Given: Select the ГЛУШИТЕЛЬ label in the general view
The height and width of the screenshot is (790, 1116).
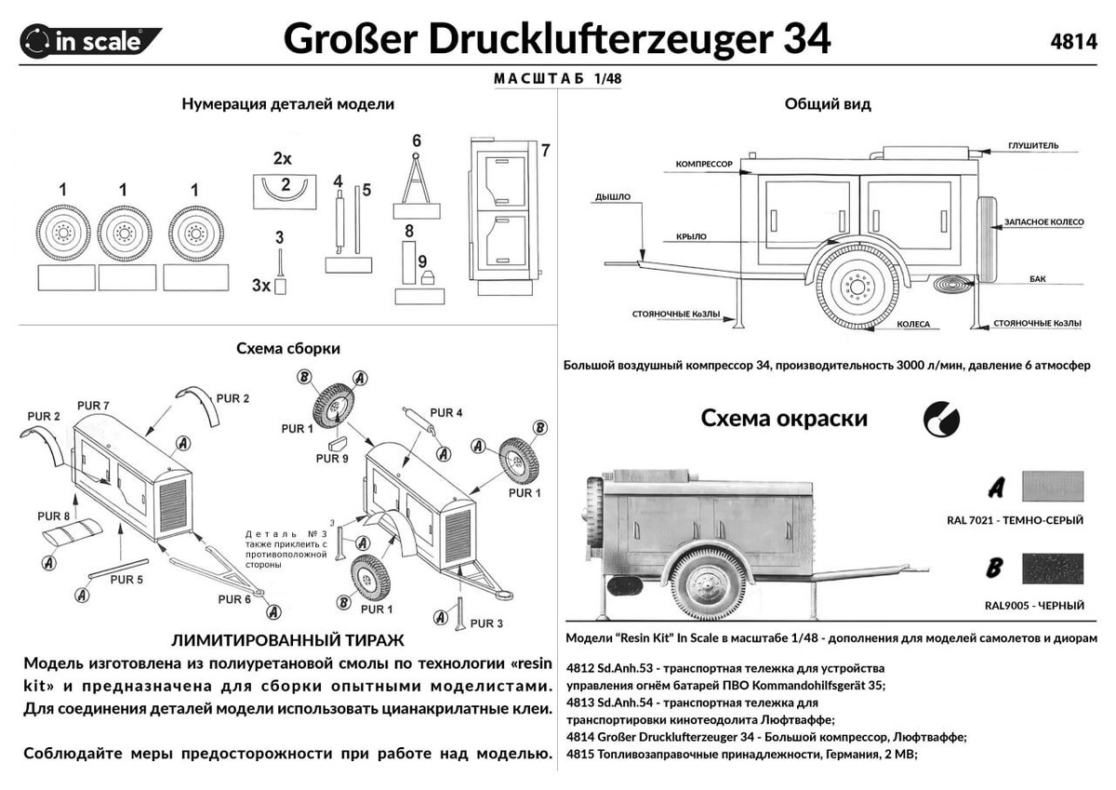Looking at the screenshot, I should coord(1032,146).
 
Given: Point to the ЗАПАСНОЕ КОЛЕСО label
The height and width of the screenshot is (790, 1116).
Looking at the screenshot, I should coord(1041,224).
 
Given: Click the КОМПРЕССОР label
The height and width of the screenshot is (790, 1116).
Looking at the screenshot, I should coord(705,164).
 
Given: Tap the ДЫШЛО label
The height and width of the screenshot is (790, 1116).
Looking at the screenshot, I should coord(613,197).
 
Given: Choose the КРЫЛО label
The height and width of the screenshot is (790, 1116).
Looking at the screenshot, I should coord(693,237).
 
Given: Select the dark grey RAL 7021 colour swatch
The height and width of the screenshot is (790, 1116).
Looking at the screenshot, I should coord(1052,487).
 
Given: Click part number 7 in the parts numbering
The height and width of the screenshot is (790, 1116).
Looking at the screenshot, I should coord(545,151).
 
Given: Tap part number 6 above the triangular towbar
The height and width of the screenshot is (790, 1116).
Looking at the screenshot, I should coord(417,141).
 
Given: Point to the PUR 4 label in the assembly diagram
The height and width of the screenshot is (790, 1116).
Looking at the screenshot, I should coord(446,412).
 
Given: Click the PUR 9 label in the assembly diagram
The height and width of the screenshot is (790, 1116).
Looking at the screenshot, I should coord(332,458).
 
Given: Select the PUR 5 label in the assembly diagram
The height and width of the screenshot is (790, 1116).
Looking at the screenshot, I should coord(126,580).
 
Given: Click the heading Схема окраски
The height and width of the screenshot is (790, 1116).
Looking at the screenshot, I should coord(784,418).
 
